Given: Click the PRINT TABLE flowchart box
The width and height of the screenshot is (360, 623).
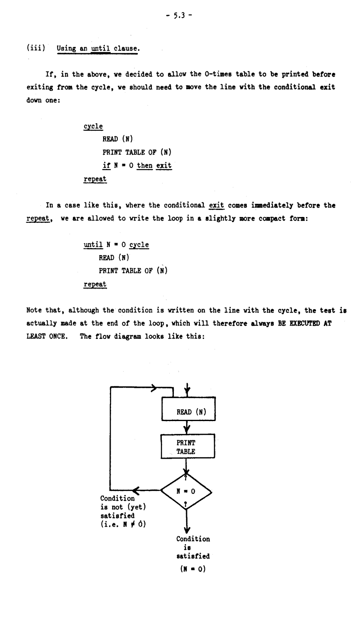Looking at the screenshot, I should (188, 447).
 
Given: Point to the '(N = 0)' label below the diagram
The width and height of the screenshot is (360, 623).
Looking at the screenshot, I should (193, 570).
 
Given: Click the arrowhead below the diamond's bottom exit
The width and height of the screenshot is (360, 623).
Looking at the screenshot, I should (187, 527).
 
